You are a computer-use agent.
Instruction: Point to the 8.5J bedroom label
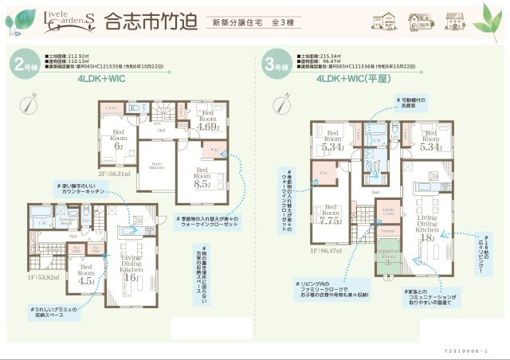[x=203, y=178]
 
